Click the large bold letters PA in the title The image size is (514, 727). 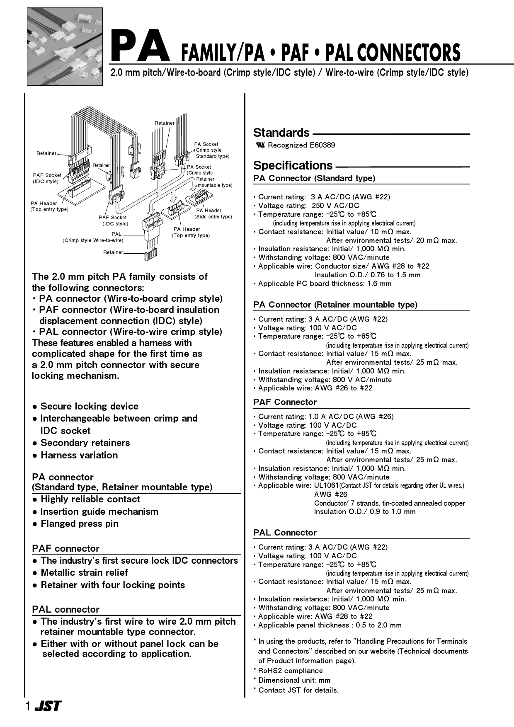click(140, 47)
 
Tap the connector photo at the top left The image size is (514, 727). click(65, 46)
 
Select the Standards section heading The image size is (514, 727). click(281, 133)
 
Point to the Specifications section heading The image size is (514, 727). click(293, 165)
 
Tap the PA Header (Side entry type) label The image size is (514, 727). click(213, 213)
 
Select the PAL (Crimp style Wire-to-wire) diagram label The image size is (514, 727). click(93, 237)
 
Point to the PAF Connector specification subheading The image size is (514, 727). click(285, 402)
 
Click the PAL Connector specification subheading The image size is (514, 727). click(285, 533)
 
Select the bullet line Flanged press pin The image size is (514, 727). click(79, 523)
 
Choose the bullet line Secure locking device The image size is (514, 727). click(89, 406)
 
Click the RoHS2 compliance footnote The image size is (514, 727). click(290, 671)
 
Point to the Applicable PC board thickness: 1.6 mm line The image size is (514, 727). click(324, 284)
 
